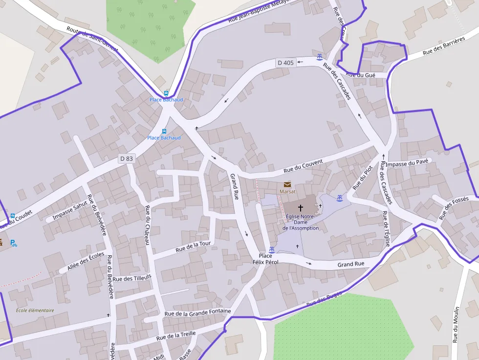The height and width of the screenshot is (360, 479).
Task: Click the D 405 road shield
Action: coord(285,63)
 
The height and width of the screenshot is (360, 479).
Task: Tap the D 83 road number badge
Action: coord(127,159)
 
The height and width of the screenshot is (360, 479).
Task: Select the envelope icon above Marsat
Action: coord(287,185)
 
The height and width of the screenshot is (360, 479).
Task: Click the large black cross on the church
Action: coord(300,208)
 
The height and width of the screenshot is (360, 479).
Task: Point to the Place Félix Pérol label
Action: coord(265,259)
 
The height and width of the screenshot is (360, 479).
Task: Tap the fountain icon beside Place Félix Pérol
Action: coord(272,250)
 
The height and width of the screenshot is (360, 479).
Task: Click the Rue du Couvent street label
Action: coord(303,167)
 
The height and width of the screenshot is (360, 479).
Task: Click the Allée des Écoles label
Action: coord(86,262)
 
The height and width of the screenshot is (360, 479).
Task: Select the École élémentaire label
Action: coord(35,310)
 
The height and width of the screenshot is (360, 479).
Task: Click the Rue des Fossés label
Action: coord(454,208)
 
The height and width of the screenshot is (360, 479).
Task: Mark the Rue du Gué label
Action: coord(360,75)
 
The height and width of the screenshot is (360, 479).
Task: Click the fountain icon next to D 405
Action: coord(319,57)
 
